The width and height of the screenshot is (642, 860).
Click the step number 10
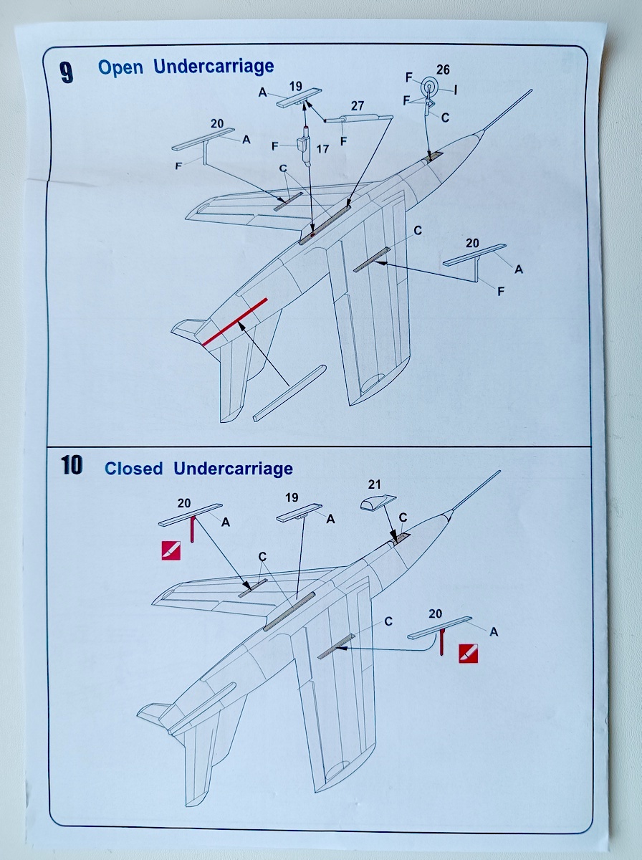point(72,466)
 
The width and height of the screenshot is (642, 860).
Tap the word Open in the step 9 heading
point(121,67)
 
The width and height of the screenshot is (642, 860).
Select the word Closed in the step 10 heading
point(134,469)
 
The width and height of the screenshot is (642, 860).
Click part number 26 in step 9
point(443,70)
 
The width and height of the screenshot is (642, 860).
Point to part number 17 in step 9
point(322,150)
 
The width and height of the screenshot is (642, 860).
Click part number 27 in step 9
point(357,105)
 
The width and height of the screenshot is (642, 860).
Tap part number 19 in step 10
point(291,497)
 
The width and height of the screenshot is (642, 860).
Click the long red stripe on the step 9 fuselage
point(235,322)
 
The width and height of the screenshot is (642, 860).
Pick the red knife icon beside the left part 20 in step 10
point(171,550)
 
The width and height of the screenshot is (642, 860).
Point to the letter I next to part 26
point(456,90)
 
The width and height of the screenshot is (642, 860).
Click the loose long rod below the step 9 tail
point(289,393)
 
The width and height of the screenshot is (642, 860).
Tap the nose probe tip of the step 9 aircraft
point(530,91)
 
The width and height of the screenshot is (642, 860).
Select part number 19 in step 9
point(296,86)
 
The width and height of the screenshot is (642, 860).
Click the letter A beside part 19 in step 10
point(330,519)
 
